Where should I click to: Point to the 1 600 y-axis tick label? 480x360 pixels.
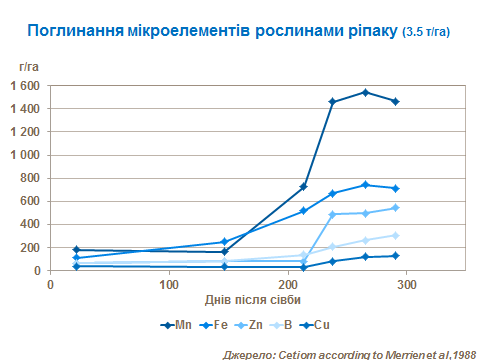[24, 85]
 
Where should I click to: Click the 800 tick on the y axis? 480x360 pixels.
[30, 178]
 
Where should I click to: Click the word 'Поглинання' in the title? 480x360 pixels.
[81, 31]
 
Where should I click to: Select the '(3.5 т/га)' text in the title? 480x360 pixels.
[425, 32]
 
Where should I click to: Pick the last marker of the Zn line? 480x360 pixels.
[396, 208]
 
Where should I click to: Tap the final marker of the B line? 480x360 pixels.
[396, 236]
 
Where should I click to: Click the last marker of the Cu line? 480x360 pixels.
[396, 256]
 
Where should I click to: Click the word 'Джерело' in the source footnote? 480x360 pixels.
[251, 352]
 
